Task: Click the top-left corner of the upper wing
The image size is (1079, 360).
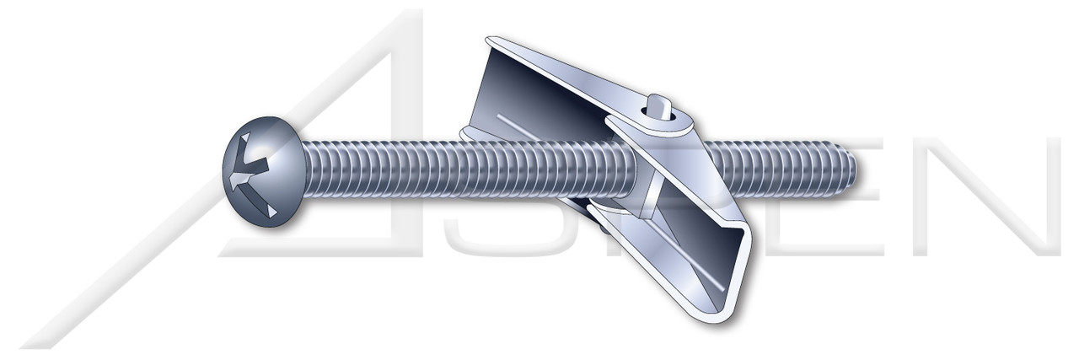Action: (491, 40)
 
